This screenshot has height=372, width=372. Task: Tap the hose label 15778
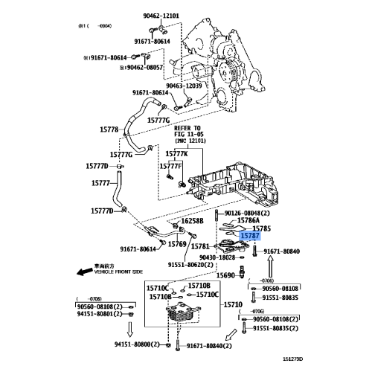pos(109,129)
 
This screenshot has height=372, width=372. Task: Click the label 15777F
pos(170,166)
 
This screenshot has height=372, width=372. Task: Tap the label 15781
pos(201,246)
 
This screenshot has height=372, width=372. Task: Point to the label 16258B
pos(190,222)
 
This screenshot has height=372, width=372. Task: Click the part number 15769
pos(176,243)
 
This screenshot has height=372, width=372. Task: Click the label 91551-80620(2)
pos(190,264)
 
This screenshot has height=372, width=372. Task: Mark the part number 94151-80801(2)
pos(103,314)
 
